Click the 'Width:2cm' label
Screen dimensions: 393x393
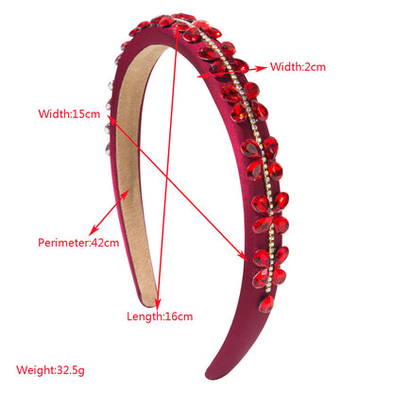coord(298,67)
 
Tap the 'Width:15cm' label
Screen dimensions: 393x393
coord(69,113)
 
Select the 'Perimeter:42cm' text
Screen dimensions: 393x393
coord(78,243)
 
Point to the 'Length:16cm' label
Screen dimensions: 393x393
coord(160,316)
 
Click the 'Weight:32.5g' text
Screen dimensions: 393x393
coord(50,370)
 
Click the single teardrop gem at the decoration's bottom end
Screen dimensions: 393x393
coord(266,303)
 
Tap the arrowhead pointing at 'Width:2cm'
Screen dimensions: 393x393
coord(262,68)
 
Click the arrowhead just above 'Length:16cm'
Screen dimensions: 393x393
coord(158,303)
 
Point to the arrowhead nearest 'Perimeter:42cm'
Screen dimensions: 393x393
coord(94,231)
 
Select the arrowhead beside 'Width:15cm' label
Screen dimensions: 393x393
coord(111,119)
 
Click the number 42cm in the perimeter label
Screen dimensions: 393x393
coord(105,243)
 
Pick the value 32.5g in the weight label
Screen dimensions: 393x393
coord(71,370)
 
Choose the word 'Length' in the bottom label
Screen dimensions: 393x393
coord(145,316)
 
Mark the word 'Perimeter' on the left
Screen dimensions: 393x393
coord(63,243)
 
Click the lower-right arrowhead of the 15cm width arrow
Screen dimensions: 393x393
coord(243,255)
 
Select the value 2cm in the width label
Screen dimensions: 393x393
coord(315,67)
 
